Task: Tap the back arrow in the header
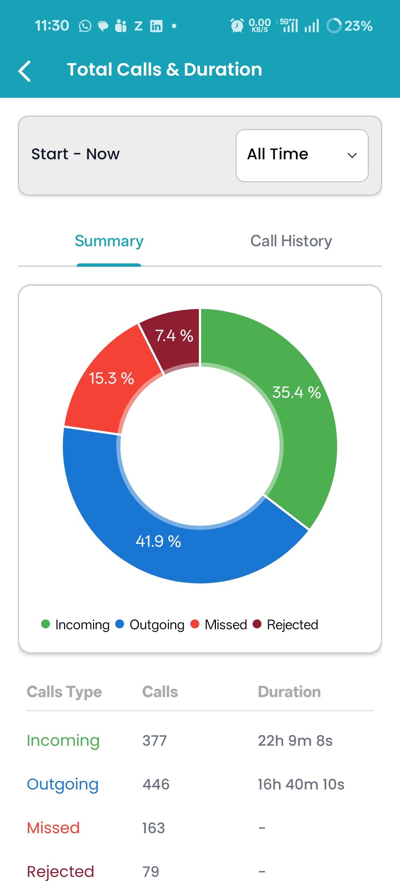[25, 70]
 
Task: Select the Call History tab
[291, 241]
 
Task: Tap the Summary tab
[109, 241]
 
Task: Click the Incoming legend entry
[76, 625]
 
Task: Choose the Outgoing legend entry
[150, 625]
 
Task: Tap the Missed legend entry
[219, 625]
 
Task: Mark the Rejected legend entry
[286, 625]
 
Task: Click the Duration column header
[289, 692]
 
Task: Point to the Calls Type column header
[64, 692]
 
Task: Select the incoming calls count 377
[154, 741]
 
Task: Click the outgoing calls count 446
[156, 784]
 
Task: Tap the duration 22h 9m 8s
[295, 741]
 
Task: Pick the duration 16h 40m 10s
[301, 784]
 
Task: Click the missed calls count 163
[154, 828]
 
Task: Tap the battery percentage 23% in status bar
[358, 26]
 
